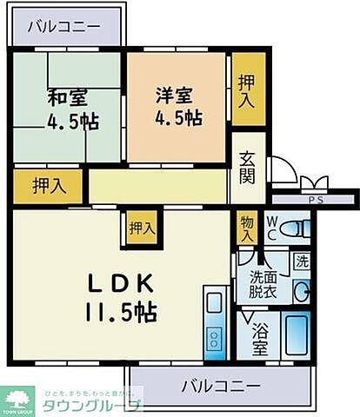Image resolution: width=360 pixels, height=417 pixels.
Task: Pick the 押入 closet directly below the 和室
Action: click(x=48, y=185)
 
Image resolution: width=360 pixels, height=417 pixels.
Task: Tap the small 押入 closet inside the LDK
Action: click(x=142, y=229)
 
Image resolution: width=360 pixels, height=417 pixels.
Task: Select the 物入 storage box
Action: click(x=248, y=228)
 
